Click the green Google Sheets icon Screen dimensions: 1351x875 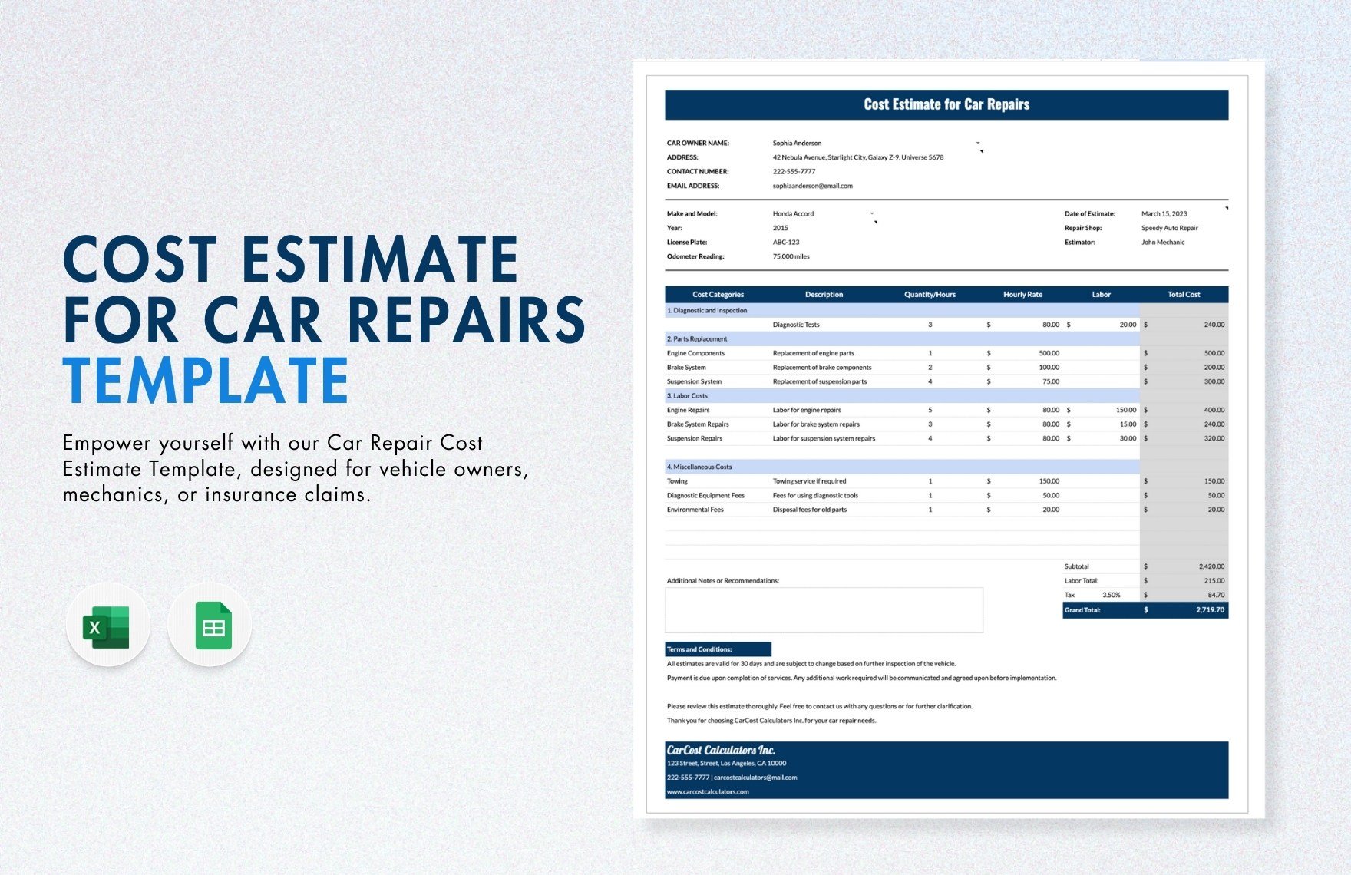point(213,626)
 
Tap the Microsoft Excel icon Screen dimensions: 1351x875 point(107,626)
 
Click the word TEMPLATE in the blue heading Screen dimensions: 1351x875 point(206,380)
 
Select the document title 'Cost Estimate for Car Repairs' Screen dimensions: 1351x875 point(946,104)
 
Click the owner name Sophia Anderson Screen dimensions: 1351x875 point(797,143)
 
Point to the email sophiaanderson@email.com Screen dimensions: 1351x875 point(812,186)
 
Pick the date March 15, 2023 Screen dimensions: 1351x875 point(1164,214)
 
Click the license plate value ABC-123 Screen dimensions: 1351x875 point(786,243)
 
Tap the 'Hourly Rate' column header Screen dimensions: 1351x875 point(1022,295)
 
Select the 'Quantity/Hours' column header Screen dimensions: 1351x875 point(930,295)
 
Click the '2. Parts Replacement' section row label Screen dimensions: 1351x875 point(697,339)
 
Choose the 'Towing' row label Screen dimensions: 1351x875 point(677,481)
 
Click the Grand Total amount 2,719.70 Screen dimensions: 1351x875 point(1210,610)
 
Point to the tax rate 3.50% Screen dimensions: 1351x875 point(1111,595)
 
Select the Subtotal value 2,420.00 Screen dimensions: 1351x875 point(1211,566)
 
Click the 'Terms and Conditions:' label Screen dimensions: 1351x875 point(699,649)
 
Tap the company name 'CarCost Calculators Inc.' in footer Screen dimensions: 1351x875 point(721,750)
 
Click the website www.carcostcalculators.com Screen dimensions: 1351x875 point(708,792)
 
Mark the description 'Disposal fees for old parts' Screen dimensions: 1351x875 point(809,510)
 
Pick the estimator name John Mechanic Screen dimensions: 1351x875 point(1162,243)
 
